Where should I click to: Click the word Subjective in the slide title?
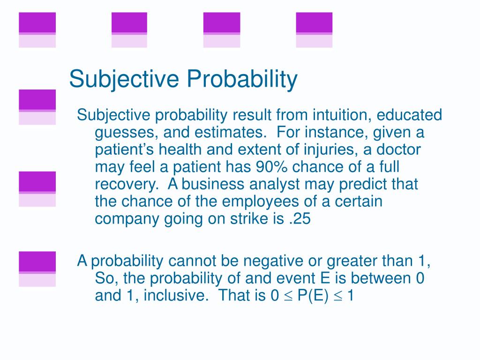click(x=124, y=79)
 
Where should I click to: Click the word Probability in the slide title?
click(x=242, y=79)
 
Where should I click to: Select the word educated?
click(x=409, y=115)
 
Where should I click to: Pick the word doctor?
click(x=398, y=150)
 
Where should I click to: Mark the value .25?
click(x=300, y=219)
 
